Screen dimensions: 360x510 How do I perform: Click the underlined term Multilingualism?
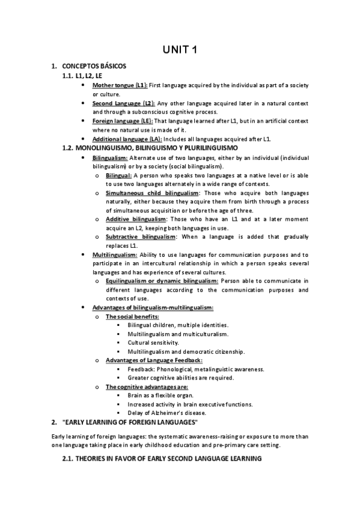[x=115, y=255]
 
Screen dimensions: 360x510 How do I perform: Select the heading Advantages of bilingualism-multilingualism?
[x=153, y=308]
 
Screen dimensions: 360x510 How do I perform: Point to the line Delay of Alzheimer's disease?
[x=166, y=413]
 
